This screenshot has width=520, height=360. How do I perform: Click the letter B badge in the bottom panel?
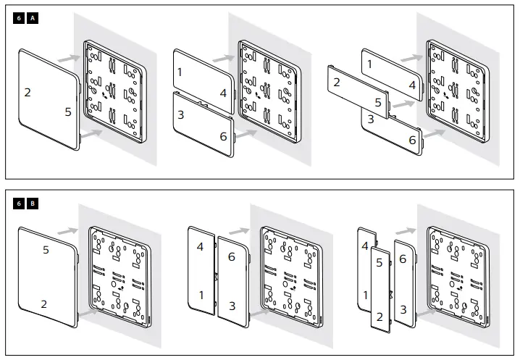coord(33,204)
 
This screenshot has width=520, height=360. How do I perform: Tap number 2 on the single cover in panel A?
coord(28,92)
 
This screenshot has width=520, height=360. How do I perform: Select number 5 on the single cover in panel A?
coord(67,112)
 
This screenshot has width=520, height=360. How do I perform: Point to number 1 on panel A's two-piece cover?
coord(180,72)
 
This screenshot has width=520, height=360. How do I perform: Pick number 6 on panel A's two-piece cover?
coord(223,135)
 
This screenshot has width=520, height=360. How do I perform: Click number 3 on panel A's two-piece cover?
coord(180,115)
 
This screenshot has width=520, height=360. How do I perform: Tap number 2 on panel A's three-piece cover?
coord(336,83)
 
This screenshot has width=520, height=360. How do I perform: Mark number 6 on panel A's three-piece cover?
coord(412,140)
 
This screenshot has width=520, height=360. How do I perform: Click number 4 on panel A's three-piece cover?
coord(411,85)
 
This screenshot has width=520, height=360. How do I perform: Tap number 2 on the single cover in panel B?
coord(43,304)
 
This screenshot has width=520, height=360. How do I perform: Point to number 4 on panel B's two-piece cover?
coord(201,247)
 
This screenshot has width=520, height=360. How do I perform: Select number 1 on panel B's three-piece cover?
coord(365,295)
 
